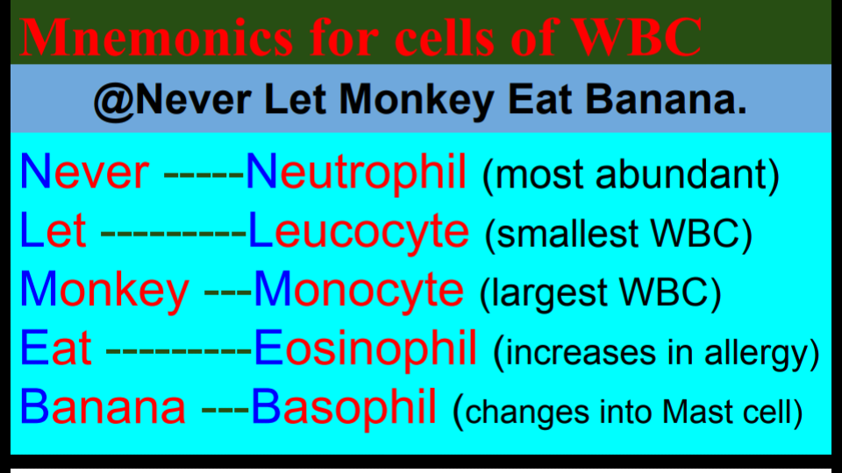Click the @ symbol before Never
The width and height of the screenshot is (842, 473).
pos(113,103)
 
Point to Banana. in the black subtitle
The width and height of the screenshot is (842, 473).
pos(667,103)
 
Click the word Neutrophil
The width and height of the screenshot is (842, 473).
pos(356,173)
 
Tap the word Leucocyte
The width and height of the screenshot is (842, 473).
pos(359,231)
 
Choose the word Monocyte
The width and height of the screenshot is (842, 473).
pos(359,290)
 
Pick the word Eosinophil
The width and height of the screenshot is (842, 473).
pos(366,349)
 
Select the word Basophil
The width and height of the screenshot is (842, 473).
pos(344,407)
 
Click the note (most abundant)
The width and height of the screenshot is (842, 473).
pos(631,175)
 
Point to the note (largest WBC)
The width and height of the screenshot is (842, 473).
pos(601,293)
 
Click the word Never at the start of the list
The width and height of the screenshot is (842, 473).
pos(84,173)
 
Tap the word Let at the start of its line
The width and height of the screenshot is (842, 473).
pos(53,231)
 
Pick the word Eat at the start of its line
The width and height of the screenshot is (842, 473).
pos(55,349)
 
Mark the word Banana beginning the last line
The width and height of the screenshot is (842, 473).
pos(103,407)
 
